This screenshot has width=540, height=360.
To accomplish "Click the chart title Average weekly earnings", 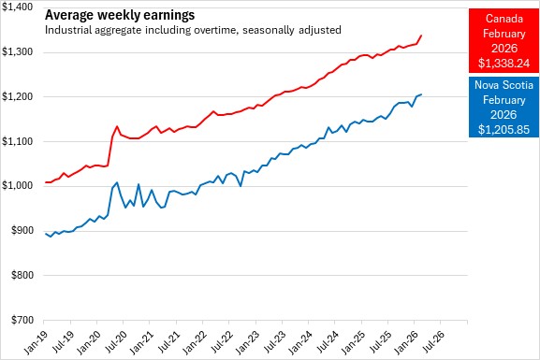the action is coord(120,15).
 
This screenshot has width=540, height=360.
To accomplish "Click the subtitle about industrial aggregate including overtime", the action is coord(193,30).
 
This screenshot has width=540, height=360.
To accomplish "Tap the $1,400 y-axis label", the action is coord(17,7).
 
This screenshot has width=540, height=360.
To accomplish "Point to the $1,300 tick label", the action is coord(17,52).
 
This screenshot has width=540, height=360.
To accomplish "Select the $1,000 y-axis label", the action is coord(17,186).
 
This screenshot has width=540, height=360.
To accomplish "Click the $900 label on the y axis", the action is coord(22,231).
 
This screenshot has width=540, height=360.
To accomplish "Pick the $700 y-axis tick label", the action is coord(22,320).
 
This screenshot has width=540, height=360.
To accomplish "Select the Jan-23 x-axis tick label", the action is coord(247,342).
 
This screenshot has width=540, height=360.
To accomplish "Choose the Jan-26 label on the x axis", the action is coord(405,342).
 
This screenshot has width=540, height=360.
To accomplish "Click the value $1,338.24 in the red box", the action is coord(504,64).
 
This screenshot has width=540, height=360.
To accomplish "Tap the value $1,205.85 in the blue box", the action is coord(504,130).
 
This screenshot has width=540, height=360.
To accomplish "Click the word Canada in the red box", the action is coord(504,19).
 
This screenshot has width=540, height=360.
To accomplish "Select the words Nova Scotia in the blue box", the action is coord(504,85).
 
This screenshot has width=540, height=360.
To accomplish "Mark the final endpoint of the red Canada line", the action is coord(421,36).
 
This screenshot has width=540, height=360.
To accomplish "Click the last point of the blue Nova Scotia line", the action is coord(421,94).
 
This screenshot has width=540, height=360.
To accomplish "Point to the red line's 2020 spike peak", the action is coord(117,126).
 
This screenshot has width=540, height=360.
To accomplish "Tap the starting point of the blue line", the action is coord(46,234).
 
